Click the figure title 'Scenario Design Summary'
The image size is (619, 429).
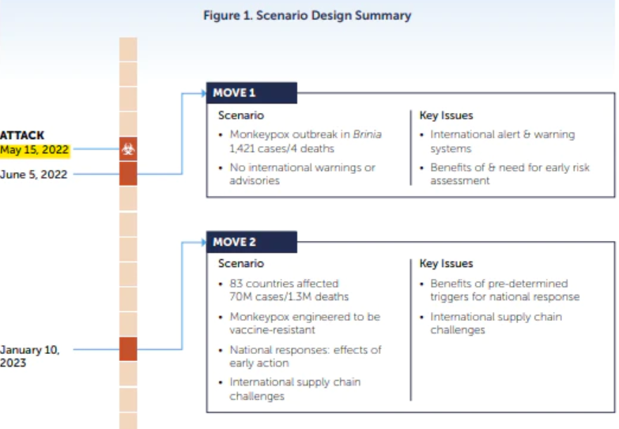[x=334, y=16]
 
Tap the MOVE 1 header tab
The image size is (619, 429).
[x=251, y=92]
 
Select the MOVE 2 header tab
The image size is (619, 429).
[x=251, y=242]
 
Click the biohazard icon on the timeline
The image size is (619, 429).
[x=128, y=149]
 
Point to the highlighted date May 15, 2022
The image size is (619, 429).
[x=34, y=150]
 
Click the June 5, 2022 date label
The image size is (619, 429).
[x=33, y=175]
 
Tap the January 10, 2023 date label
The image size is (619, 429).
[x=29, y=356]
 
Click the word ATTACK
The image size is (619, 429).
[x=22, y=135]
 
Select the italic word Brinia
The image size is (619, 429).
[x=367, y=134]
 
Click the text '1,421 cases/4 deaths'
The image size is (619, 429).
[x=282, y=149]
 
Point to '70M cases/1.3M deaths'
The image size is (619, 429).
[x=289, y=297]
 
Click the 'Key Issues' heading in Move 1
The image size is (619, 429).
[x=446, y=115]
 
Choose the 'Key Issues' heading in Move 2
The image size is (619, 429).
[x=446, y=263]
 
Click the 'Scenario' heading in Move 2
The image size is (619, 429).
[x=241, y=263]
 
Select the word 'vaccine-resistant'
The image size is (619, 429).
[x=272, y=330]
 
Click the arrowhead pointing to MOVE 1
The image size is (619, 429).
[x=204, y=93]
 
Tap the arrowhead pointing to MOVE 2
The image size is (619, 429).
[x=204, y=242]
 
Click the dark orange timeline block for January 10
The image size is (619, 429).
[x=128, y=349]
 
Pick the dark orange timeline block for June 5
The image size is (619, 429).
[x=128, y=174]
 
